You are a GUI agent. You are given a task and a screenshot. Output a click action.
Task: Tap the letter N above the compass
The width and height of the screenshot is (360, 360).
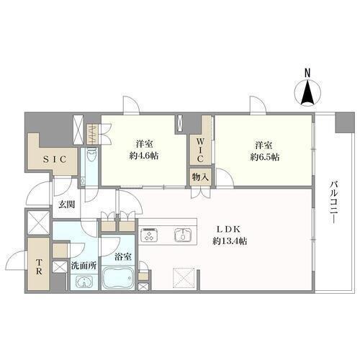pos(307,73)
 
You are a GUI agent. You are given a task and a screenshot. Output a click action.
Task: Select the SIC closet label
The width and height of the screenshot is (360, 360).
pos(55,160)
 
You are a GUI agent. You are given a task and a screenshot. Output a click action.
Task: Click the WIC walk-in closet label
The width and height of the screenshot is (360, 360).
pos(200,150)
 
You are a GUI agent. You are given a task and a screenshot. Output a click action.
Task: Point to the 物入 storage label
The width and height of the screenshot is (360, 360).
pos(200,178)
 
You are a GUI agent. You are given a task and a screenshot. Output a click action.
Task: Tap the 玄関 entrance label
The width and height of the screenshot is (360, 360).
pos(67,204)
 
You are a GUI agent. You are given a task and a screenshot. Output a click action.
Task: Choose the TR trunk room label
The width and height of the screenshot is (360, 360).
pos(39,266)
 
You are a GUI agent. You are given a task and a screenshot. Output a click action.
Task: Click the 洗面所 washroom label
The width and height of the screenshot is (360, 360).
pos(84,266)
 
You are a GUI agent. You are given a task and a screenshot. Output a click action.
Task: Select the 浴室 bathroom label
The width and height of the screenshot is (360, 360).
pos(122,257)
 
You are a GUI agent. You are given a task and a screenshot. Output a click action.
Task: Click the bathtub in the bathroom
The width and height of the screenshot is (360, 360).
pos(118,278)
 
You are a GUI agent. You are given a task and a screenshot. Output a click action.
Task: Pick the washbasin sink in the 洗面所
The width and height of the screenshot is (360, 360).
pos(84,282)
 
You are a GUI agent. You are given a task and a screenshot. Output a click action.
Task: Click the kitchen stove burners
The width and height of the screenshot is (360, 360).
pos(149,235)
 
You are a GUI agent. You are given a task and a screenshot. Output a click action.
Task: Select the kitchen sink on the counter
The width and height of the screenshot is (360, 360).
pos(183,235)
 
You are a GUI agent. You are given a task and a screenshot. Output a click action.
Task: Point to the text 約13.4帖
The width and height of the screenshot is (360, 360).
pos(230,241)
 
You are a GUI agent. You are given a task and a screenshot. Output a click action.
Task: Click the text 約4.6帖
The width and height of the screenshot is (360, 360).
pos(144,156)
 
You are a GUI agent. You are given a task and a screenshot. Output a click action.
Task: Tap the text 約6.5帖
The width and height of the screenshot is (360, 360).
pos(265,157)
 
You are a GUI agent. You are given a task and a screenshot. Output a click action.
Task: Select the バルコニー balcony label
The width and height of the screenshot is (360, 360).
pos(333,203)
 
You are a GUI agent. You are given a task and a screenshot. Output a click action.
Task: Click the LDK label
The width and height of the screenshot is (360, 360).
pos(229,229)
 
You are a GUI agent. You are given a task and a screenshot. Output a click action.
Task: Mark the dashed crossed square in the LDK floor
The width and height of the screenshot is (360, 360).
pos(183,277)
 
